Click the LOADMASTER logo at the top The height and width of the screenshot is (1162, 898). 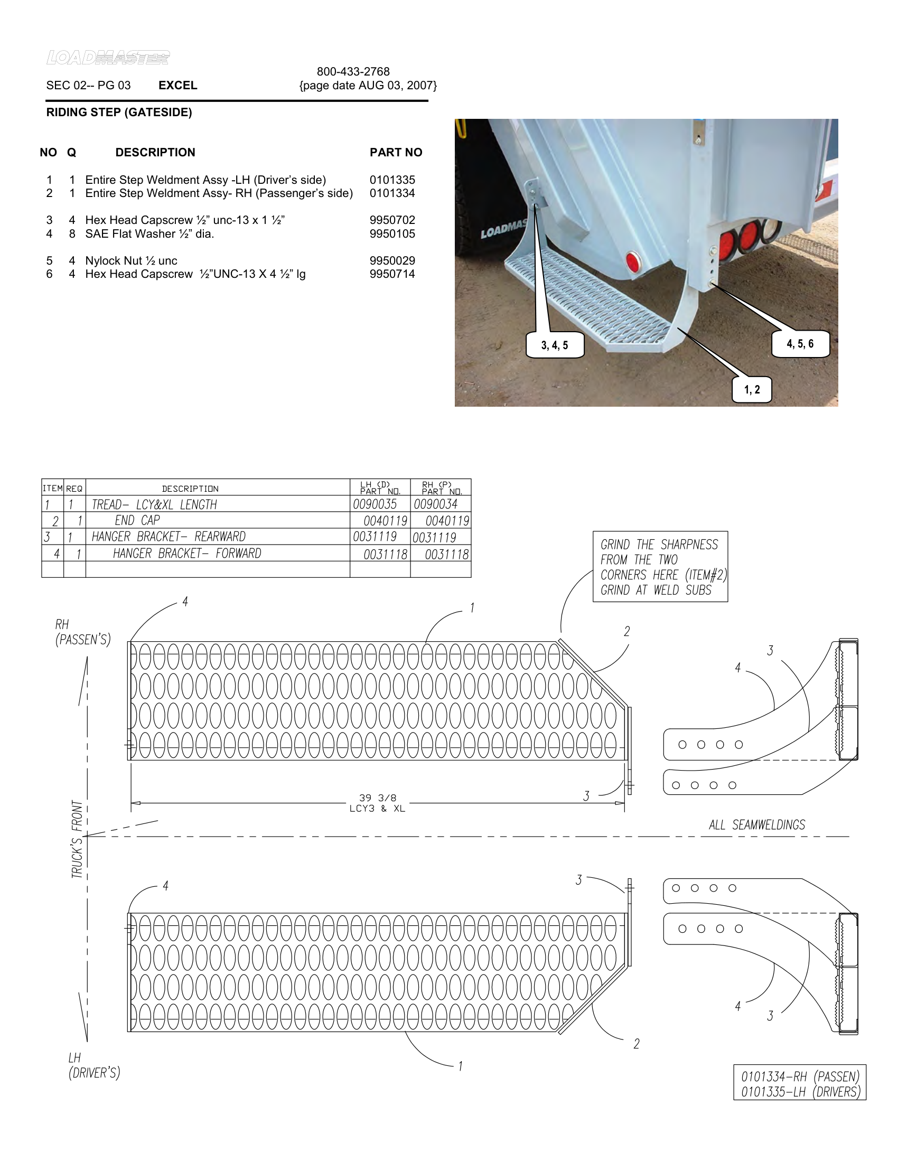click(x=108, y=58)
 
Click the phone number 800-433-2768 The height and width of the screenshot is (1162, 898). click(x=353, y=71)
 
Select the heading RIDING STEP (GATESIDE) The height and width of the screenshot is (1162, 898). click(x=119, y=113)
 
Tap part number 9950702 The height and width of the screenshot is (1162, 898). click(x=392, y=220)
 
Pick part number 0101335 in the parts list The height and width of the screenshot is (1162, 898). click(x=392, y=180)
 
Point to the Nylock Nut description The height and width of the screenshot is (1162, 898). click(x=131, y=261)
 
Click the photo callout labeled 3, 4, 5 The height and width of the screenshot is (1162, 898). click(x=554, y=345)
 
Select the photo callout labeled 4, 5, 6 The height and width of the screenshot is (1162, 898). click(x=800, y=344)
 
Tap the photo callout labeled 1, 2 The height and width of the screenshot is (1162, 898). click(x=752, y=389)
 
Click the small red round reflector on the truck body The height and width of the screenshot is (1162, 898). click(x=632, y=263)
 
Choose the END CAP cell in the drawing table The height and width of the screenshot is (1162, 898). click(x=137, y=520)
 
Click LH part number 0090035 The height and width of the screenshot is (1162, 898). click(x=375, y=504)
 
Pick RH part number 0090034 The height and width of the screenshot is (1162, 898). click(x=436, y=504)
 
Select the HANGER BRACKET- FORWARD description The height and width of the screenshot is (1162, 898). click(x=186, y=554)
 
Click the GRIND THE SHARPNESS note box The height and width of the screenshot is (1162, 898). click(x=660, y=567)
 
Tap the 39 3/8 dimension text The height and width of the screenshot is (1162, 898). click(x=377, y=798)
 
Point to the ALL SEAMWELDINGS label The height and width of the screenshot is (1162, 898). click(x=756, y=824)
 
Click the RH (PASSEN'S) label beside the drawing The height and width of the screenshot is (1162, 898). click(x=83, y=632)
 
